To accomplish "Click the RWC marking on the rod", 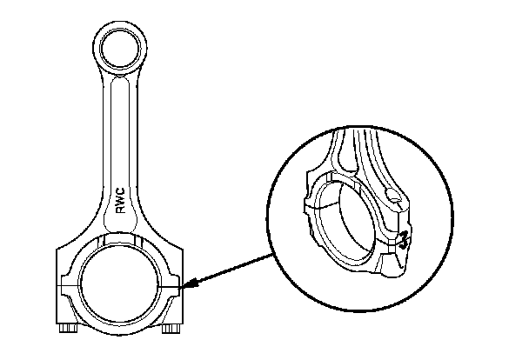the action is [x=121, y=201].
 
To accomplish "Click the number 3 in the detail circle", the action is [x=404, y=240].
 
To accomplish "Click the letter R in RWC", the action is [x=121, y=210].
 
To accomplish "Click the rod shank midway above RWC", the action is [x=119, y=130].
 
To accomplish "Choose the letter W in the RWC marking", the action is [x=121, y=201].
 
